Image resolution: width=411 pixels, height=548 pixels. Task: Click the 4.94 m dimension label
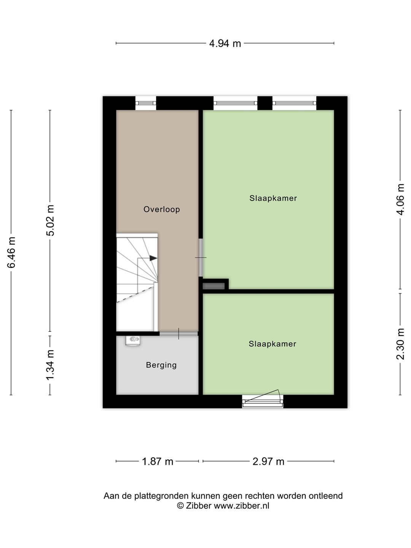(x=225, y=44)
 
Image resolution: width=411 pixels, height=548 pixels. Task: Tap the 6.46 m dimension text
(x=11, y=253)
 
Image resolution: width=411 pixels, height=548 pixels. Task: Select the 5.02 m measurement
(x=50, y=220)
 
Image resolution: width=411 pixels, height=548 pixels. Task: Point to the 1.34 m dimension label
(x=50, y=365)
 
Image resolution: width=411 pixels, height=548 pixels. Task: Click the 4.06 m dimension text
(x=400, y=199)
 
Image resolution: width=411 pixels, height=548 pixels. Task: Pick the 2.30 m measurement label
(x=400, y=344)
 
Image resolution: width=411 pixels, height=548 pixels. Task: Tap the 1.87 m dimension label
(x=158, y=462)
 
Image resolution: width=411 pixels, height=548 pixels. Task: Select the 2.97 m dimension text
(x=268, y=462)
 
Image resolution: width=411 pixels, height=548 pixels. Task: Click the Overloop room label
(x=161, y=209)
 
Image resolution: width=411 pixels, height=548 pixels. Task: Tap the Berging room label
(x=161, y=365)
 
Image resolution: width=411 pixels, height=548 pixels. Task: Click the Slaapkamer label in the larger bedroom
(x=273, y=198)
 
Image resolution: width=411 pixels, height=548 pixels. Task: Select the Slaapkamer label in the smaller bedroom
(x=272, y=344)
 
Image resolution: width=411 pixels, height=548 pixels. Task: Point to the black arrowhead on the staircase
(x=153, y=258)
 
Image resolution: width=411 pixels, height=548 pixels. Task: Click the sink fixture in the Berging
(x=133, y=341)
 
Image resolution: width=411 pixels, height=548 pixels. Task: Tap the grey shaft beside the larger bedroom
(x=213, y=286)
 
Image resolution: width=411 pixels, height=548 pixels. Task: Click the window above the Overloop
(x=146, y=103)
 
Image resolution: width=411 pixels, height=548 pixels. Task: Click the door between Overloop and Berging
(x=179, y=333)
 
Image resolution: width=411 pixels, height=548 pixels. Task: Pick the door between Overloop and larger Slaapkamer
(x=201, y=257)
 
